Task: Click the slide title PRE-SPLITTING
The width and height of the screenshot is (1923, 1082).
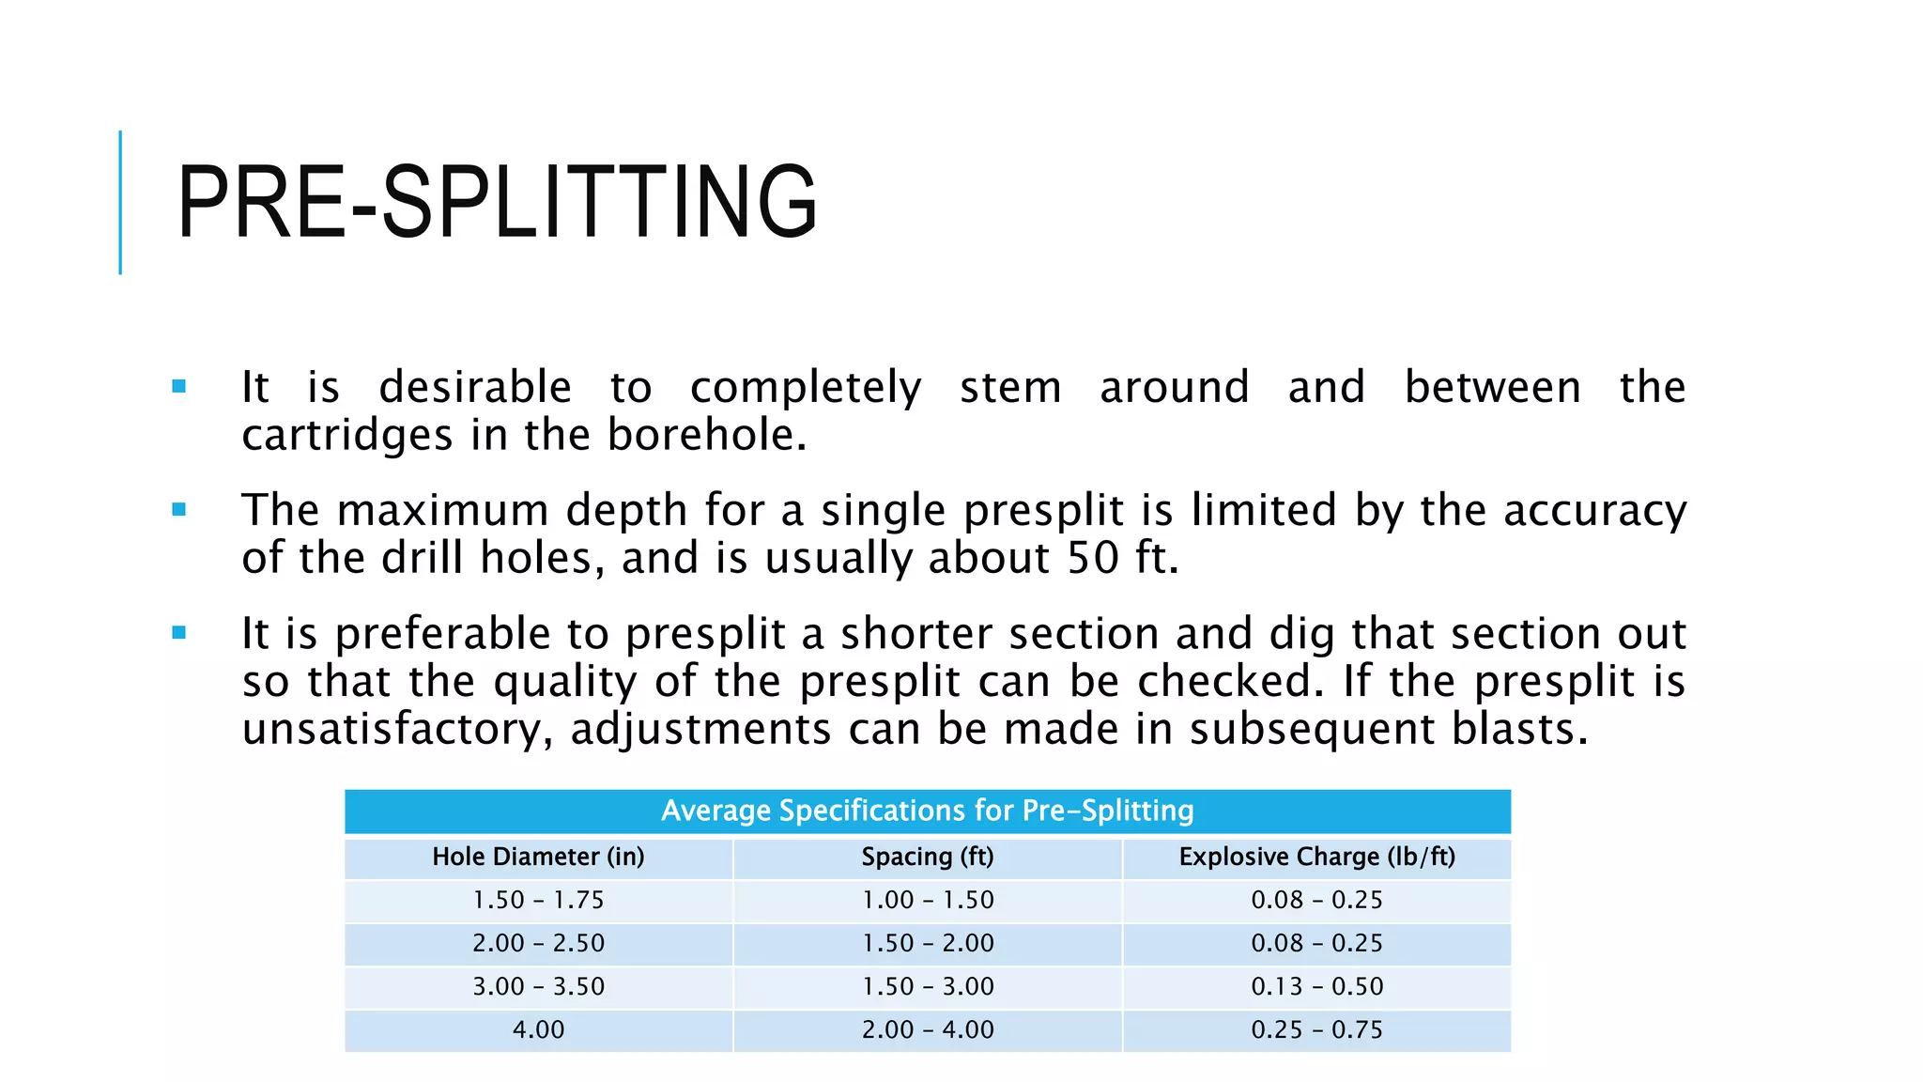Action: click(497, 202)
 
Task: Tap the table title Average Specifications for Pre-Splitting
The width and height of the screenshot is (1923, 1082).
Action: click(927, 811)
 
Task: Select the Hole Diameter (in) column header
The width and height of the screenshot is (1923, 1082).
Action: click(538, 857)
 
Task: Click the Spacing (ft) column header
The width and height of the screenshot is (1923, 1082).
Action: click(927, 857)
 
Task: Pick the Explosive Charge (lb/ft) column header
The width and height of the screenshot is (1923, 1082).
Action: click(1316, 857)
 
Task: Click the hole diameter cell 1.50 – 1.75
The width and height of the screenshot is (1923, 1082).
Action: click(538, 900)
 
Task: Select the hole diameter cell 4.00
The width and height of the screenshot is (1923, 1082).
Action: click(538, 1029)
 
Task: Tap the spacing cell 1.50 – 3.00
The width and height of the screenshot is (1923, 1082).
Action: click(927, 986)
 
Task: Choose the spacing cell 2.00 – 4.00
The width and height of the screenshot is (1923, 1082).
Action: click(927, 1029)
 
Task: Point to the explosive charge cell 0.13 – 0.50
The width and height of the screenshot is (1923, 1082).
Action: click(1316, 986)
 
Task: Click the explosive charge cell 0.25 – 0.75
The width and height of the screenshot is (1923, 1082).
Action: click(1316, 1029)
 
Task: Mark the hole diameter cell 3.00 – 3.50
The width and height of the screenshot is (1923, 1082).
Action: click(538, 986)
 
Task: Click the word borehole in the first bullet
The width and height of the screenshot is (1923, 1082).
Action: click(706, 435)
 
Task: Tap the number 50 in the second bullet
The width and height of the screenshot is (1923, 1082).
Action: click(1093, 558)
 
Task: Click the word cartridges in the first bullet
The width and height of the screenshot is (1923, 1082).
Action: click(346, 435)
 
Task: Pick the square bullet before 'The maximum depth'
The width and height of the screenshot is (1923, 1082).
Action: click(179, 510)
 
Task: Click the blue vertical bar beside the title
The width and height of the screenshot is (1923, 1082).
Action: click(120, 202)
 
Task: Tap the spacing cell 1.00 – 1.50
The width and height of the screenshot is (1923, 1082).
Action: click(927, 900)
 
